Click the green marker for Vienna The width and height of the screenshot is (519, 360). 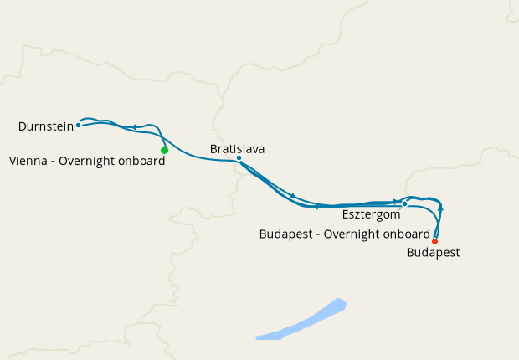pos(165,150)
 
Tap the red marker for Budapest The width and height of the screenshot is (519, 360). pos(434,241)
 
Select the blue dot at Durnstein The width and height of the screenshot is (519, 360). pos(78,126)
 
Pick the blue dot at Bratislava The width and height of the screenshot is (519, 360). pos(239,158)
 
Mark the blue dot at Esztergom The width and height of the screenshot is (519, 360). pos(404,203)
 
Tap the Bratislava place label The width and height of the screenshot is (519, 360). pos(237,148)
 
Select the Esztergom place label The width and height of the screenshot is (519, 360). pos(371,215)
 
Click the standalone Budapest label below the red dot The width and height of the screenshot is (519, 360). pos(433,252)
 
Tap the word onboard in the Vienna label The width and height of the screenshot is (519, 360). pos(142,162)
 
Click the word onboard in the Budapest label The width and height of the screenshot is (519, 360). pos(407,234)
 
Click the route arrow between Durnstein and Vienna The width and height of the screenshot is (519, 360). pos(134,127)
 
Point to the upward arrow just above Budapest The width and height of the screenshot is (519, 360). pos(440,208)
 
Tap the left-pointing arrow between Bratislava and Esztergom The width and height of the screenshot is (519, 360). pos(316,206)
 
